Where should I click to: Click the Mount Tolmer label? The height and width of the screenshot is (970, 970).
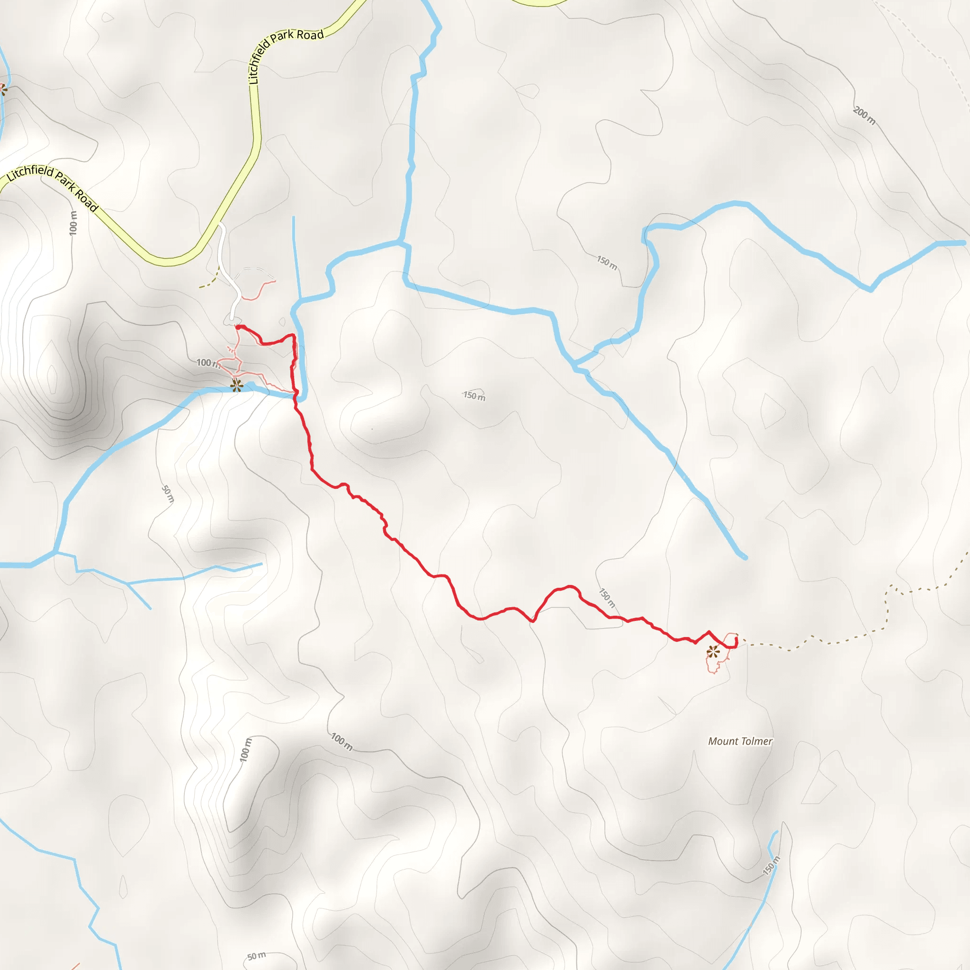coord(740,741)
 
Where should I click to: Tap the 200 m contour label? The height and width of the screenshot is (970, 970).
coord(863,116)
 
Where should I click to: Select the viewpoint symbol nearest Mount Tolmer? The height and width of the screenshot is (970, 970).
coord(713,652)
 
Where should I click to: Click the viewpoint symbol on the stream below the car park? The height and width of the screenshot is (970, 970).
coord(236,385)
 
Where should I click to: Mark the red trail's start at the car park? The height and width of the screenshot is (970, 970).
coord(237,327)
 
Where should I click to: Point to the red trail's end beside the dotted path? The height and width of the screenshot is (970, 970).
coord(736,638)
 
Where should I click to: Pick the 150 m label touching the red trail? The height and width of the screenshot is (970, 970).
coord(607,597)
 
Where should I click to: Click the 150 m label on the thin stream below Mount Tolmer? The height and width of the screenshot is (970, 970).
coord(772,865)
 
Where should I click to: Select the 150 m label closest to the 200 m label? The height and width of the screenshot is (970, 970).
coord(607,262)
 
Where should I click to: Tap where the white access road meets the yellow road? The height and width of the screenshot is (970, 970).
coord(219,225)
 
